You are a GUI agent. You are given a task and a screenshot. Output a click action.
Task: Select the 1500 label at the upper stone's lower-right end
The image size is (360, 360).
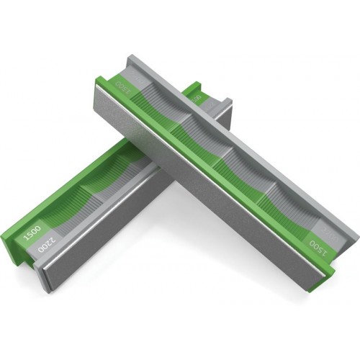[318, 244]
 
